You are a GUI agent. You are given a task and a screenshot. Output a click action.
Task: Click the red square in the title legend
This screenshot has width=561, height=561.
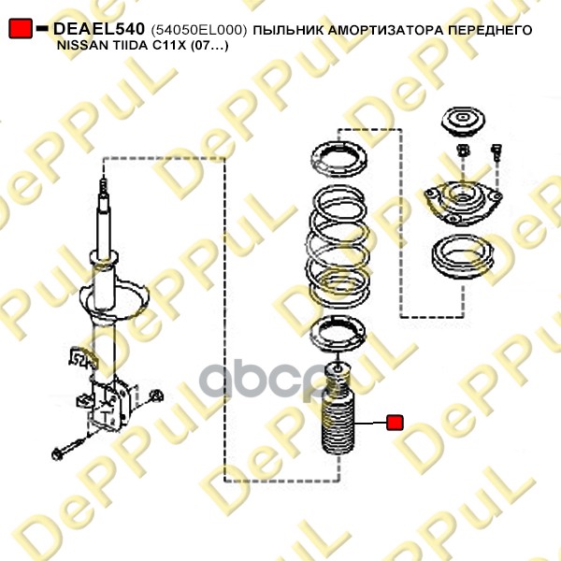pos(21,29)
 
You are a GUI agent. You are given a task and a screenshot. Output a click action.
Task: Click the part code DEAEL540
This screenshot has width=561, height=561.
pos(99,29)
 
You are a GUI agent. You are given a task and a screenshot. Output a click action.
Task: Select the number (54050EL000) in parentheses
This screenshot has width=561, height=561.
pos(199,31)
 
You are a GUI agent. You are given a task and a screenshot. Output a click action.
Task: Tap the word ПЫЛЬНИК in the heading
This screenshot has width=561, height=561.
pos(288,30)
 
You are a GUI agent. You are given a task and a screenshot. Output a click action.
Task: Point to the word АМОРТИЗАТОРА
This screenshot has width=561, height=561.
pos(385,30)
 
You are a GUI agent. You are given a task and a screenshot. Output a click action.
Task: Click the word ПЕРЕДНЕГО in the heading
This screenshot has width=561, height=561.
pos(490,30)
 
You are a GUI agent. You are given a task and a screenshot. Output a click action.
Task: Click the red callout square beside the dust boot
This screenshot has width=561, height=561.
pos(395,423)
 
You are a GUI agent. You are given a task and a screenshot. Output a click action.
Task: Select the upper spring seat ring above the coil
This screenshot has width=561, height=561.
pos(338,159)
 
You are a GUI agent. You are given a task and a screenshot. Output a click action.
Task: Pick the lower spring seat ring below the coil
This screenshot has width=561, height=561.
pos(338,334)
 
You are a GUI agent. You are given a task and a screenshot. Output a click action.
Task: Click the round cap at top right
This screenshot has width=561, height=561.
pos(463,121)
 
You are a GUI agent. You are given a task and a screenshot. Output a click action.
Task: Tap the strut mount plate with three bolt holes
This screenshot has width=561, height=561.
pos(463,203)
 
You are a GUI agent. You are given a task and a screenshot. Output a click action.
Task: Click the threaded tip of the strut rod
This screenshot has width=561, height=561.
pos(104,187)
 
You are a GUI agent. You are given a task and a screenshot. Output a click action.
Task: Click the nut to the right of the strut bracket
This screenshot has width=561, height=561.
pos(156,396)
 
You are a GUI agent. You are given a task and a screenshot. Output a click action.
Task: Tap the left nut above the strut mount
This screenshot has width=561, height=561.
pos(464,150)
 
